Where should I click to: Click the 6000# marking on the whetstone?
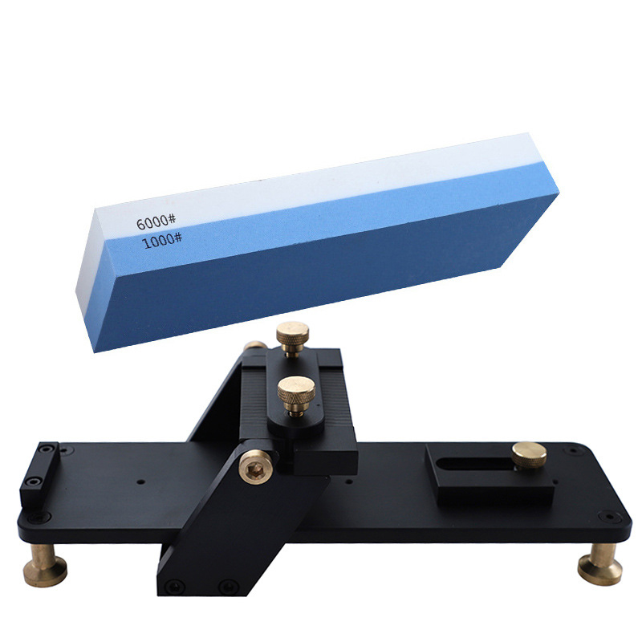point(156,222)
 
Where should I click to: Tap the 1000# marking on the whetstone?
point(162,240)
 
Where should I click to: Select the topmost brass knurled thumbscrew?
point(292,338)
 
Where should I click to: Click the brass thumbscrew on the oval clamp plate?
point(296,395)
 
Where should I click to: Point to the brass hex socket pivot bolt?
point(255,467)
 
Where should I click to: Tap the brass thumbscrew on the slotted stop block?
point(529,455)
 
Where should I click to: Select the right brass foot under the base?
point(599,563)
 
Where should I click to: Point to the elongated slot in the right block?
point(475,464)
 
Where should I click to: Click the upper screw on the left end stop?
point(47,449)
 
